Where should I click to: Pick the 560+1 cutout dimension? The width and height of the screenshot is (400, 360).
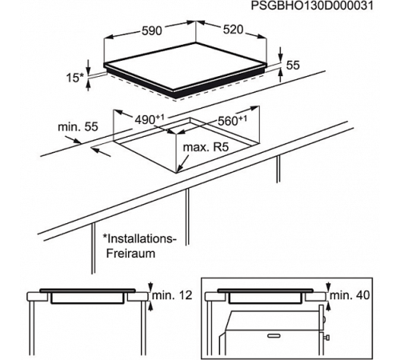[x=234, y=122]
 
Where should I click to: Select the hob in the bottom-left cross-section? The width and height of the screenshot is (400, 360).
[x=87, y=295]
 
